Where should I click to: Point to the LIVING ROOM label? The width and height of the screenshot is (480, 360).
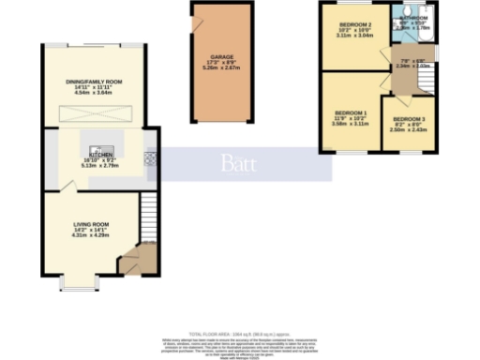tap(92, 224)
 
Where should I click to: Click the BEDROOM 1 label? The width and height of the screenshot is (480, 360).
tap(351, 113)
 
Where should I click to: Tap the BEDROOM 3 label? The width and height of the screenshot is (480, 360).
tap(409, 119)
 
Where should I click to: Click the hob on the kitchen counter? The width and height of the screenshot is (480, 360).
tap(148, 159)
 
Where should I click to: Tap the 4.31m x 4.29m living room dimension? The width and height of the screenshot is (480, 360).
tap(92, 235)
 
